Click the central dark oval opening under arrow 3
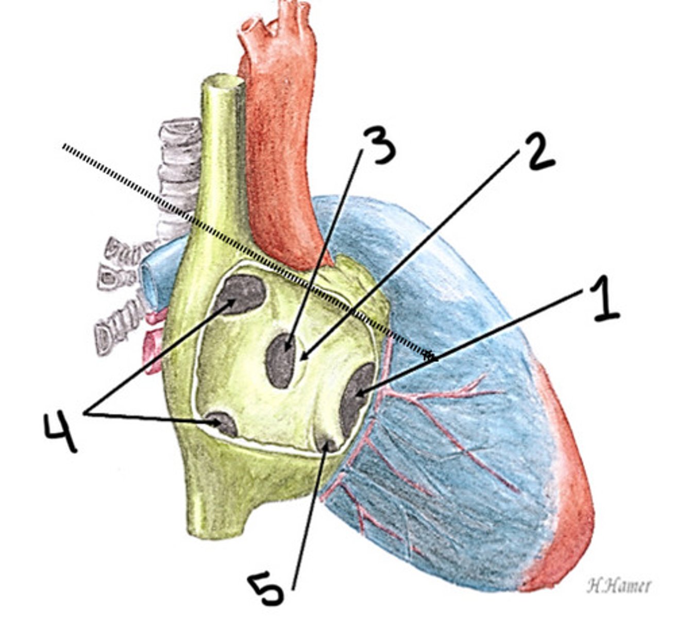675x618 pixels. click(281, 360)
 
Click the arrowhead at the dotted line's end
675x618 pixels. click(428, 354)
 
